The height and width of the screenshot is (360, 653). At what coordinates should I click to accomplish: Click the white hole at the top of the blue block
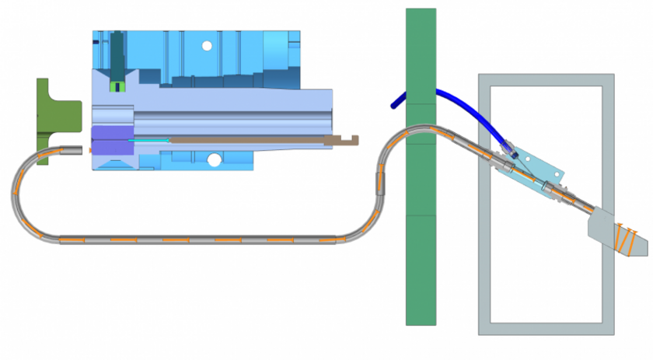click(x=207, y=46)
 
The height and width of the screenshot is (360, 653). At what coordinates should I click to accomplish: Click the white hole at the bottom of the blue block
click(x=214, y=160)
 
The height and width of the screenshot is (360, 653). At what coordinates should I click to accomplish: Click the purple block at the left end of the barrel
click(x=113, y=140)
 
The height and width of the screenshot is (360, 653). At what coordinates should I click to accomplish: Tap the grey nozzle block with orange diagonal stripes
click(x=618, y=233)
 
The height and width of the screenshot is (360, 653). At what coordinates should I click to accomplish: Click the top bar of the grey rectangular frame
click(x=544, y=79)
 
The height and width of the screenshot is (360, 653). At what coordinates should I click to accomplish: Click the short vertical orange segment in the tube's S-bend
click(x=380, y=185)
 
